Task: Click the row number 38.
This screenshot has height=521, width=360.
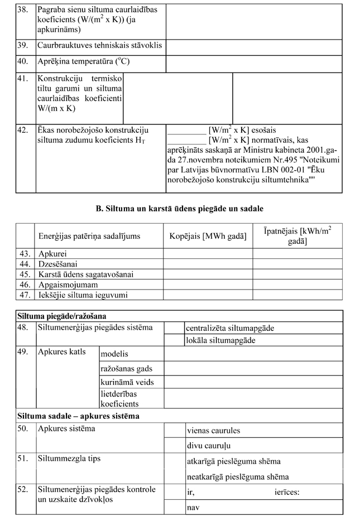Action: [x=23, y=10]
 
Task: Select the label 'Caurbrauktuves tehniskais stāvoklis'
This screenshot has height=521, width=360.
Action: [x=100, y=45]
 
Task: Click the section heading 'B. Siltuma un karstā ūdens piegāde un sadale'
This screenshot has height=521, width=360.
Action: [x=180, y=209]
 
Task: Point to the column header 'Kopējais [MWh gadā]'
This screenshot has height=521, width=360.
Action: [x=208, y=237]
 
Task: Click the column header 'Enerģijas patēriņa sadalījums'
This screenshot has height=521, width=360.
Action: [x=89, y=237]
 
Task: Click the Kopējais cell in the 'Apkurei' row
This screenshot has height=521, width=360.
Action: [x=208, y=254]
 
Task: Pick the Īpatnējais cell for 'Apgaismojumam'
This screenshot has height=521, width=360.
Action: [x=297, y=284]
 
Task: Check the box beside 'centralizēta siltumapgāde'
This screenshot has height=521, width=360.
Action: [x=174, y=328]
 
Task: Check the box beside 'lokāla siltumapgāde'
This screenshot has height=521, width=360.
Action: [x=174, y=340]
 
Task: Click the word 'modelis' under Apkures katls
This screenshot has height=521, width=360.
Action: [x=114, y=354]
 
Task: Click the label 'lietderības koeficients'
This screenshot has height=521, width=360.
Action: [x=119, y=398]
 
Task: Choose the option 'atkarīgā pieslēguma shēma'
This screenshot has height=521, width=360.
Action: [x=233, y=461]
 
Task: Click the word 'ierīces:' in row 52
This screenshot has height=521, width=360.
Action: [x=287, y=492]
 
